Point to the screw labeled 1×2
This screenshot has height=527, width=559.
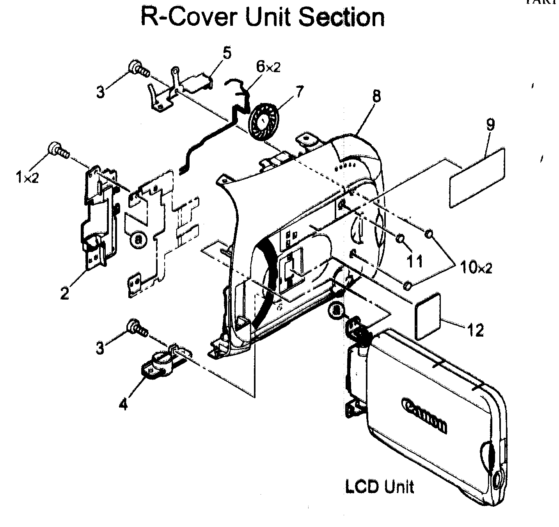58,151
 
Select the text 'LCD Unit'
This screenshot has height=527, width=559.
379,486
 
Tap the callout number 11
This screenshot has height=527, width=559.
414,260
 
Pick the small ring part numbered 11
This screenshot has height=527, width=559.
400,239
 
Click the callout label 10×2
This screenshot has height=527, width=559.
475,268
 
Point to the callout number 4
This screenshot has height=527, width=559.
123,405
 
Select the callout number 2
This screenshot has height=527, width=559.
64,293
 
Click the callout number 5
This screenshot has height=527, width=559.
227,53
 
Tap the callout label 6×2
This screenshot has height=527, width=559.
268,67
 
